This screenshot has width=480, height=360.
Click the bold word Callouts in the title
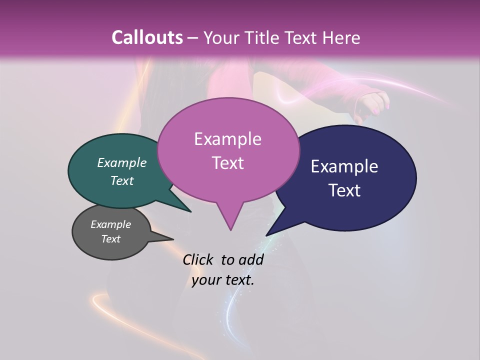point(147,37)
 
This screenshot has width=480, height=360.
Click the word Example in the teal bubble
point(121,162)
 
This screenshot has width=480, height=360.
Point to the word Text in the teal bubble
point(121,180)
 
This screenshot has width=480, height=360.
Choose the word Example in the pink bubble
point(227,139)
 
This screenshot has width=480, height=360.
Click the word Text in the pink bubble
point(227,163)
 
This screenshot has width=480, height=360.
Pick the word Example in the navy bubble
point(344,166)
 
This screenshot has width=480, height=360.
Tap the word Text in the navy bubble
point(344,190)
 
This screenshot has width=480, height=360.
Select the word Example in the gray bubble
point(110,224)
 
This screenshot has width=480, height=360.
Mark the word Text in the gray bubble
point(110,239)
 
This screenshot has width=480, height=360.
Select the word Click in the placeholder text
point(197,259)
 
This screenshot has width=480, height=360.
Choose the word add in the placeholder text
point(251,259)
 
